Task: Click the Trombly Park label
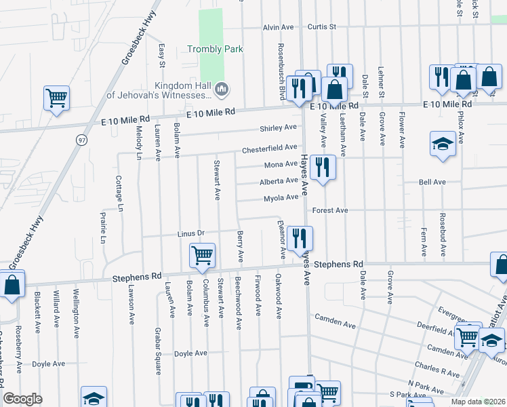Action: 215,49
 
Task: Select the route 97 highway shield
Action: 81,140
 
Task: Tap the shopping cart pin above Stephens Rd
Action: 202,256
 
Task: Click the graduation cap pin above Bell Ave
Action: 443,144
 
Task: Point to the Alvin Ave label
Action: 279,27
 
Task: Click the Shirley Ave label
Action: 279,128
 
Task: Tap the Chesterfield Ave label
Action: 270,147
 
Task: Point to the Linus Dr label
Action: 190,233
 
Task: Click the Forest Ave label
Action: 330,210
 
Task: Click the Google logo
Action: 22,399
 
